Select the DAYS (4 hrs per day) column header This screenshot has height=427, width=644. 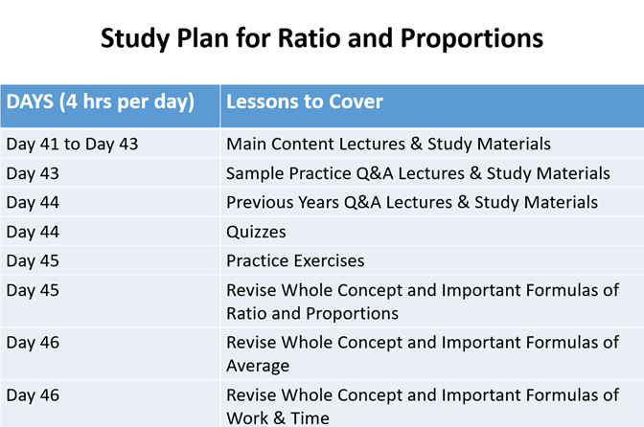[101, 102]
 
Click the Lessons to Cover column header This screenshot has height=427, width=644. [305, 101]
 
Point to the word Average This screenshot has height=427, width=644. [258, 366]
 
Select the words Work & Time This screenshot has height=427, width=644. [278, 418]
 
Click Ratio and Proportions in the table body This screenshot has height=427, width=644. [312, 314]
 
